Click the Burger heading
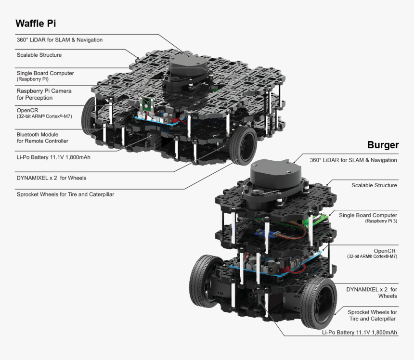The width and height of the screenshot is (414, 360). pyautogui.click(x=383, y=145)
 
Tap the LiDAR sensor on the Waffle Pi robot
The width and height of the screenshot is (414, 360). pyautogui.click(x=187, y=67)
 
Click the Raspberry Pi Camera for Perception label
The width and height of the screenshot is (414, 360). pyautogui.click(x=44, y=94)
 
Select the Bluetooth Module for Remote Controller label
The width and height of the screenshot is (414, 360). pyautogui.click(x=42, y=138)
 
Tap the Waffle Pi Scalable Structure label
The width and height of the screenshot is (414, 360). pyautogui.click(x=39, y=55)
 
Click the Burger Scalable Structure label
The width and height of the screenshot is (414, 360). pyautogui.click(x=374, y=185)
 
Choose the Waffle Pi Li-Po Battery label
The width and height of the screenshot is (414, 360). pyautogui.click(x=53, y=156)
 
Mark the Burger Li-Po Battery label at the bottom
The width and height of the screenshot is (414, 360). pyautogui.click(x=360, y=333)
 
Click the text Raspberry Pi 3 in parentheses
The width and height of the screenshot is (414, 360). pyautogui.click(x=381, y=221)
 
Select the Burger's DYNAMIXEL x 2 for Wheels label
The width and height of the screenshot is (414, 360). pyautogui.click(x=372, y=293)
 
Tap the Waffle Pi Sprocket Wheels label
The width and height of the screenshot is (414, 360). pyautogui.click(x=65, y=194)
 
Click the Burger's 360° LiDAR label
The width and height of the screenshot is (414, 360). pyautogui.click(x=353, y=160)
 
